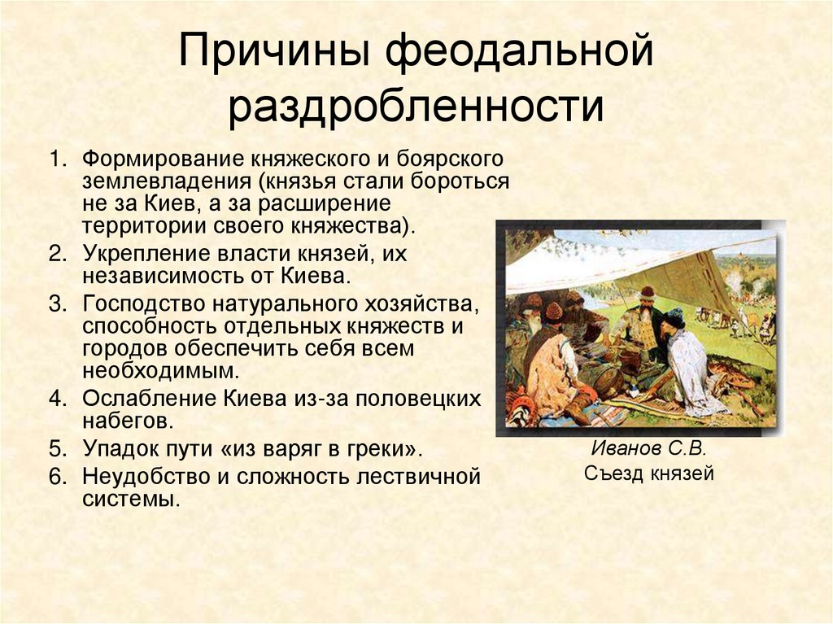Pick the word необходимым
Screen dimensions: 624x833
click(160, 371)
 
